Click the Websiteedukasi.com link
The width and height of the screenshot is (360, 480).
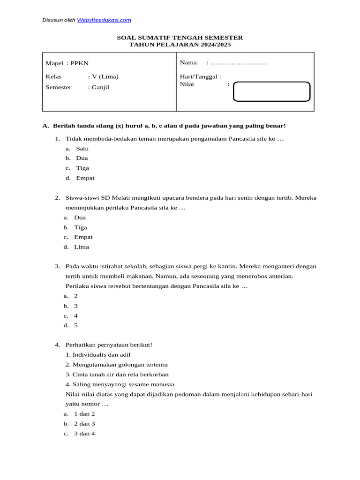click(x=104, y=20)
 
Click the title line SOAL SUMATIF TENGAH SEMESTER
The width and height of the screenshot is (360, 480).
click(x=180, y=37)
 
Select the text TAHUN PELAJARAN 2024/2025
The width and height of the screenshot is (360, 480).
click(x=180, y=45)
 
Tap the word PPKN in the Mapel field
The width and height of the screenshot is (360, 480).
click(x=80, y=63)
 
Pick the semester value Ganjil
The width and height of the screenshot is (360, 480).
click(x=100, y=87)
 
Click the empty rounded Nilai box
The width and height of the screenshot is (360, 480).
click(x=271, y=91)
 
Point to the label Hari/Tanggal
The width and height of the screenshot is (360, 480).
click(x=200, y=77)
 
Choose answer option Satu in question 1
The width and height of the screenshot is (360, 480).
click(x=82, y=149)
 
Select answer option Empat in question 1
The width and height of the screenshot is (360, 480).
click(x=85, y=178)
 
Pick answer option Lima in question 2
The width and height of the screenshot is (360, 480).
click(x=81, y=247)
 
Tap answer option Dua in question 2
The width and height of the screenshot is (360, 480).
click(x=80, y=217)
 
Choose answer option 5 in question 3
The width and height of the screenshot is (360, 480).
click(x=76, y=325)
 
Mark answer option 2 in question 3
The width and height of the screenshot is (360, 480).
click(x=76, y=296)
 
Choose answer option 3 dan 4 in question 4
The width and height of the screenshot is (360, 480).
click(x=84, y=434)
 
